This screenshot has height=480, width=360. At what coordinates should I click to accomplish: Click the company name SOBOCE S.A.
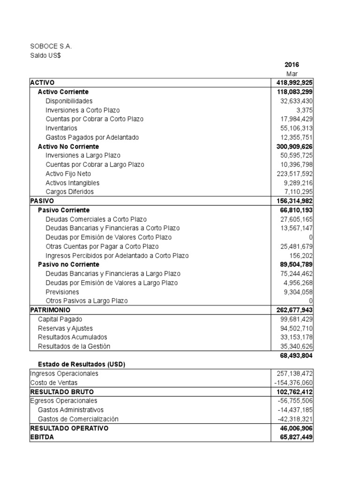click(x=52, y=46)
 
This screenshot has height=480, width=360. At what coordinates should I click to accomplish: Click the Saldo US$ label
click(x=45, y=56)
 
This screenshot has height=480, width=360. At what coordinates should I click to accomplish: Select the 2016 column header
click(x=292, y=65)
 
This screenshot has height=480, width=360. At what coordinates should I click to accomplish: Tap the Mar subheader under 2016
click(x=292, y=74)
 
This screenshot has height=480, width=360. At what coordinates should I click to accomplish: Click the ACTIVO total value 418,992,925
click(x=295, y=83)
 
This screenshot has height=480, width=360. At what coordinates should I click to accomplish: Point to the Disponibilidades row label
click(x=69, y=101)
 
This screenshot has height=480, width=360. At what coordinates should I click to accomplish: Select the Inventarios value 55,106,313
click(x=296, y=128)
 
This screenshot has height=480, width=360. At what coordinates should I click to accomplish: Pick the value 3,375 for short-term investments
click(x=305, y=110)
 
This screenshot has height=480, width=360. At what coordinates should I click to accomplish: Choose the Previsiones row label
click(x=62, y=292)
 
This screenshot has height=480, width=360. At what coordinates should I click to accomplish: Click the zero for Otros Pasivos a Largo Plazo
click(x=311, y=301)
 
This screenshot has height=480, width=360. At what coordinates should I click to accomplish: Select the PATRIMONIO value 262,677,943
click(x=295, y=310)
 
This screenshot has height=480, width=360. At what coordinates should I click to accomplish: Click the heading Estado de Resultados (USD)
click(x=81, y=365)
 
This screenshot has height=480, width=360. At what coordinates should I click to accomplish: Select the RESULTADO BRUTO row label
click(x=61, y=391)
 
